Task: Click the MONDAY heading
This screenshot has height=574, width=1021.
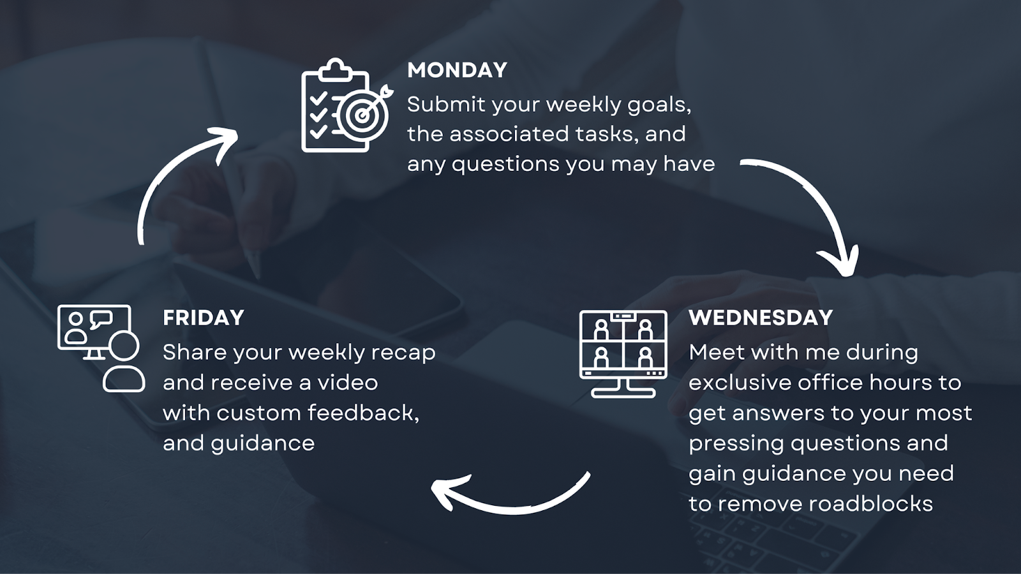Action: tap(457, 70)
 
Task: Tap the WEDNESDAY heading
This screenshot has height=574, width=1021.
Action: tap(761, 318)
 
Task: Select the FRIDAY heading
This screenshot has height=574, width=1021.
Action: tap(204, 318)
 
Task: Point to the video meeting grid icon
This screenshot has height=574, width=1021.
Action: tap(623, 354)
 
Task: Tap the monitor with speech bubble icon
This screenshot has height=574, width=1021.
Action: tap(101, 348)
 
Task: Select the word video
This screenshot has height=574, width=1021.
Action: tap(348, 383)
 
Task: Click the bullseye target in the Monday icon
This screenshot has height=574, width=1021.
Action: tap(363, 115)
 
